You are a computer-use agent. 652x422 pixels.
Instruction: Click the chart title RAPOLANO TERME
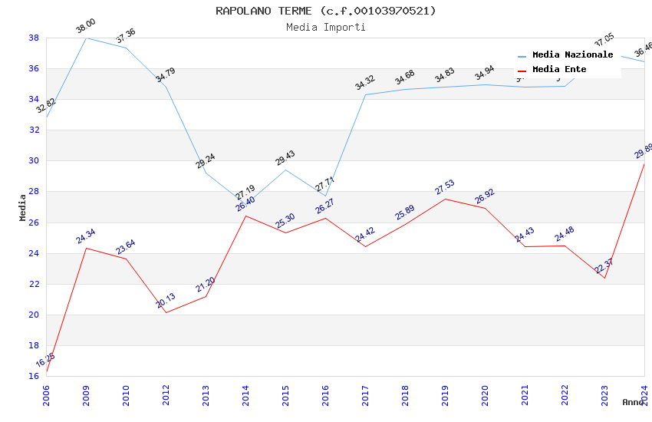[x=325, y=11]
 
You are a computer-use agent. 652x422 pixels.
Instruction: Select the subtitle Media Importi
[x=325, y=27]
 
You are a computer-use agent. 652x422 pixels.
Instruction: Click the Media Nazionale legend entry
[x=572, y=55]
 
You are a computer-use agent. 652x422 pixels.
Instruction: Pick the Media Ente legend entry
[x=559, y=70]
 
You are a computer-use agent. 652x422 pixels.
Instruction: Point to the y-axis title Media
[x=23, y=207]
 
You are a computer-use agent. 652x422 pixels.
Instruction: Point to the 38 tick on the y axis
[x=34, y=38]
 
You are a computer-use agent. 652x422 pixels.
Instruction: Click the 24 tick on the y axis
[x=34, y=253]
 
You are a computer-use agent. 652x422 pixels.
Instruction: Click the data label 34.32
[x=365, y=82]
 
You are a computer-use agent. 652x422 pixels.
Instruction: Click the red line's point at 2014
[x=245, y=216]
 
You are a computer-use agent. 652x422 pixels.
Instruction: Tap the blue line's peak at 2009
[x=86, y=38]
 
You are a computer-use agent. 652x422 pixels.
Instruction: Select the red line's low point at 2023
[x=604, y=278]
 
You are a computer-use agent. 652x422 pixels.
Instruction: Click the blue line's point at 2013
[x=206, y=173]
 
